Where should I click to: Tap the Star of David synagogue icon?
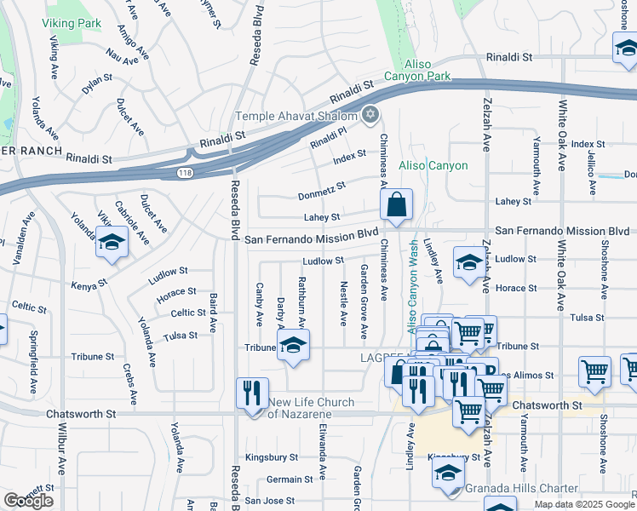click(x=370, y=113)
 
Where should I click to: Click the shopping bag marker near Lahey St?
click(x=397, y=205)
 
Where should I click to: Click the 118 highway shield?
click(x=185, y=173)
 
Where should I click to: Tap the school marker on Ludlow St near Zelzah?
click(x=468, y=264)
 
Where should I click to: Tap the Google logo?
click(x=28, y=501)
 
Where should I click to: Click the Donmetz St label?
click(x=322, y=191)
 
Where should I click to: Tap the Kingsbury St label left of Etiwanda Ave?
click(x=272, y=457)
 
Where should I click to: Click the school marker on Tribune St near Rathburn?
click(x=293, y=345)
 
